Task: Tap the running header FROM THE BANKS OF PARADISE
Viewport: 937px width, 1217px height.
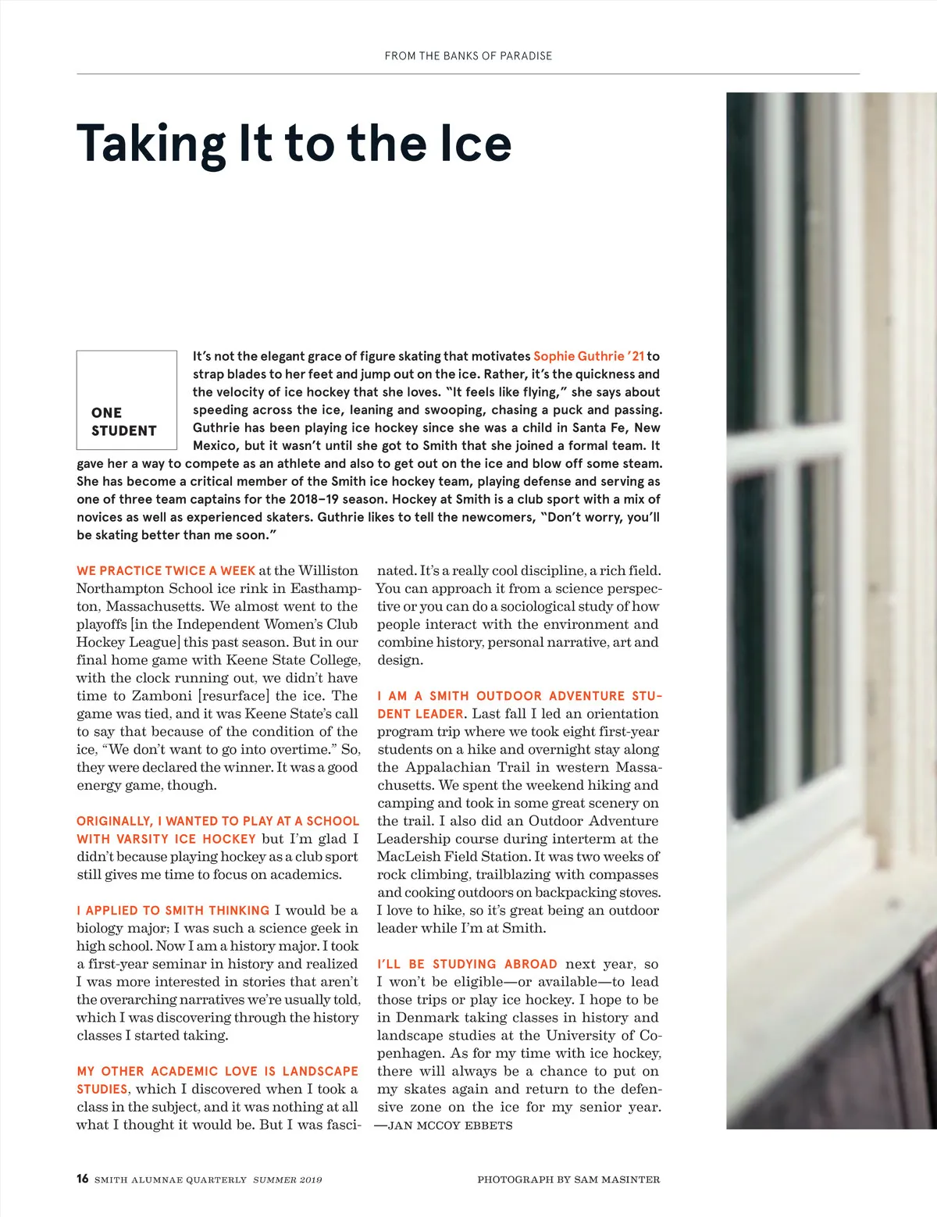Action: (x=468, y=56)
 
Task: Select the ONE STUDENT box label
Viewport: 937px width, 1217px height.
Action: (x=124, y=422)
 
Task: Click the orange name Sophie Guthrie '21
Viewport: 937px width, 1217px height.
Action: (x=589, y=356)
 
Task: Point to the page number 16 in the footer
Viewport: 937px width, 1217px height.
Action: (x=83, y=1179)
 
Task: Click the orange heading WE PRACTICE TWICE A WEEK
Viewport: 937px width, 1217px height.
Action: (x=166, y=571)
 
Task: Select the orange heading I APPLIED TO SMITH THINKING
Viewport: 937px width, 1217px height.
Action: (x=173, y=911)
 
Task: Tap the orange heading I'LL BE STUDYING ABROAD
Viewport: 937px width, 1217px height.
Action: (x=467, y=965)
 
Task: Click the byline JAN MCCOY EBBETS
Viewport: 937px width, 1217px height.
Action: (x=450, y=1126)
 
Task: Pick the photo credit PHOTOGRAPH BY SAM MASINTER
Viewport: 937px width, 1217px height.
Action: (x=568, y=1180)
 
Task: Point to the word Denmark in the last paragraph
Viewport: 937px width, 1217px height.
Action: (x=433, y=1018)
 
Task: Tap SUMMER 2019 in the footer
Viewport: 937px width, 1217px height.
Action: (x=287, y=1180)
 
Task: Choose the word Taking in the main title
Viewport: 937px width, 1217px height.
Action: (x=151, y=144)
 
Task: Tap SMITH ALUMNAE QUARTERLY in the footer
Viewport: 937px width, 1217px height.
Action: (x=170, y=1180)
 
